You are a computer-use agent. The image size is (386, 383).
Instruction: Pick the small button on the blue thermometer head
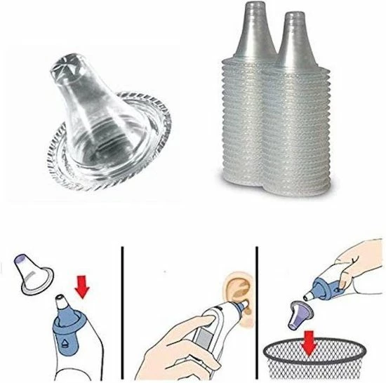pyautogui.click(x=66, y=342)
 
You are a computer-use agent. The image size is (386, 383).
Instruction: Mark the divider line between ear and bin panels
pyautogui.click(x=258, y=309)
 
